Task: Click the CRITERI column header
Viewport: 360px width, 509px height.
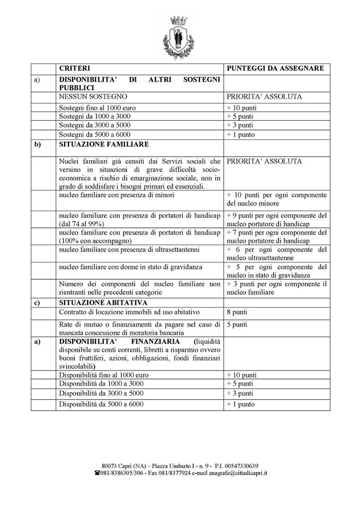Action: [x=75, y=69]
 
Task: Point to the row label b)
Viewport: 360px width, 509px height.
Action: [x=37, y=144]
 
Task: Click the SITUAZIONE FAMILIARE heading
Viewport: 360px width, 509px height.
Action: [x=103, y=144]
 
